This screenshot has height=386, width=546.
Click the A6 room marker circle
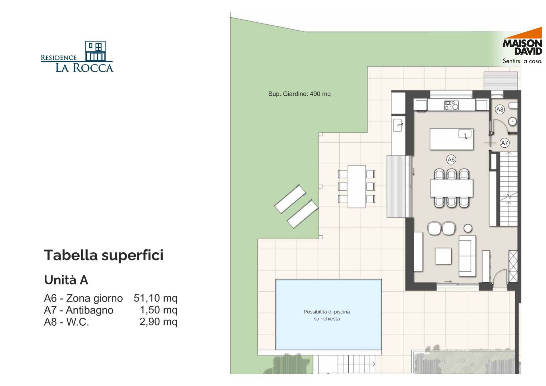[x=451, y=160]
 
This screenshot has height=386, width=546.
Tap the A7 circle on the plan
[x=504, y=143]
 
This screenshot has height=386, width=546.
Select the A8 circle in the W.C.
[x=500, y=110]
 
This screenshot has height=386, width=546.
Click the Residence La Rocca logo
[x=77, y=57]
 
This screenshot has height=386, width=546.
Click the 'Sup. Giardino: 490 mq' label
[x=299, y=94]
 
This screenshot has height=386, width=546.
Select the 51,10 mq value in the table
[x=155, y=298]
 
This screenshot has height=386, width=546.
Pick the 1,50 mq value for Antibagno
[x=158, y=310]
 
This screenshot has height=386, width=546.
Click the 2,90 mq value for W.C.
[x=158, y=322]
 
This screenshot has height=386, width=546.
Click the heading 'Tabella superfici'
[x=104, y=255]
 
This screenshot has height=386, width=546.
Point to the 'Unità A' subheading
[x=66, y=280]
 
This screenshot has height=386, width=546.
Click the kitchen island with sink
[x=451, y=139]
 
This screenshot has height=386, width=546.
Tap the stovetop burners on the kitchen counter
[x=451, y=105]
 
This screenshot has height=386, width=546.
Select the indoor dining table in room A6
[x=451, y=188]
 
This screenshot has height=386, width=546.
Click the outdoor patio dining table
[x=357, y=187]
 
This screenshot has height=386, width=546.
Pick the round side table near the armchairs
[x=468, y=228]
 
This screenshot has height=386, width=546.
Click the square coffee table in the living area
[x=443, y=256]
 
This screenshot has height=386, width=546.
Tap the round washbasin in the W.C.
[x=512, y=122]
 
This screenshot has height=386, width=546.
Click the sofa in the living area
[x=467, y=256]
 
